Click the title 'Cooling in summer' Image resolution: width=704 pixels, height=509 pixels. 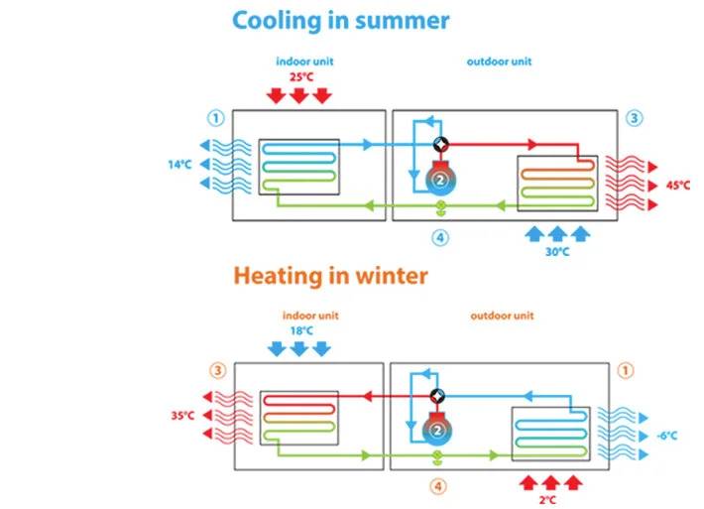click(340, 21)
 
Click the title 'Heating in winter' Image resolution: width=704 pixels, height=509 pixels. click(330, 276)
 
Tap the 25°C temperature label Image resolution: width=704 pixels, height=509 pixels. click(301, 76)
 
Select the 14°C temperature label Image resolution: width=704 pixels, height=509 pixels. click(179, 165)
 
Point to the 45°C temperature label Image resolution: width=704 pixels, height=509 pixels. click(678, 186)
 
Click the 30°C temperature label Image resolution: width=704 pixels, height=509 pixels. click(557, 252)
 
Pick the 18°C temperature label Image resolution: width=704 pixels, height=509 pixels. click(301, 331)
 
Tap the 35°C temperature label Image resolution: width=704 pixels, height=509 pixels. click(182, 416)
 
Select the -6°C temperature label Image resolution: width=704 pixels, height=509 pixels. click(666, 436)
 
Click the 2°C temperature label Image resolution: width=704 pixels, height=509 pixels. click(547, 499)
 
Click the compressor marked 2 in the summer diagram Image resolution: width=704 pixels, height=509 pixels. click(440, 178)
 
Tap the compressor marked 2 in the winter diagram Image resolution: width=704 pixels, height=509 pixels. click(437, 429)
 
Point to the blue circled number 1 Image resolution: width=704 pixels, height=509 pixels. click(216, 118)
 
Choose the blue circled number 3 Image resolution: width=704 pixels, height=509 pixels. click(634, 118)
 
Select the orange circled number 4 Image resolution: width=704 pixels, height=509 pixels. click(438, 486)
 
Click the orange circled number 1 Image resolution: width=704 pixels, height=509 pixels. click(626, 371)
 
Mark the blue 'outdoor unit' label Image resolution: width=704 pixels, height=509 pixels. click(499, 62)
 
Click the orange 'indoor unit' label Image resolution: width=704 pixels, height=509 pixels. click(310, 316)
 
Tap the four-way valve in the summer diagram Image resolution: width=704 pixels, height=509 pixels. click(441, 145)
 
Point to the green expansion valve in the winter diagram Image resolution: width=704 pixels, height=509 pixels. click(437, 457)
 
